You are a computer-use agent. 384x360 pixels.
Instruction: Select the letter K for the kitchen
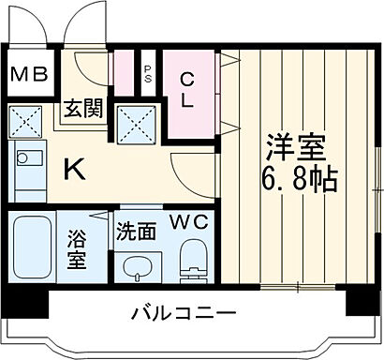click(x=71, y=170)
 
